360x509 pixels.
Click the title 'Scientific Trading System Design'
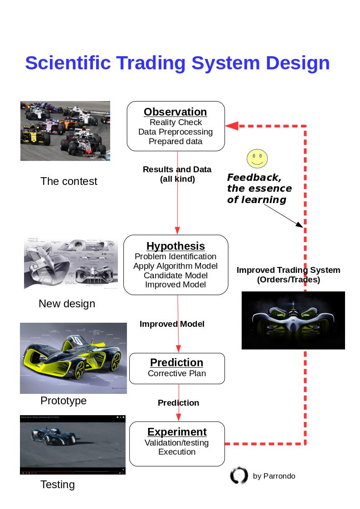point(177,63)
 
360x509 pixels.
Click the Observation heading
point(175,112)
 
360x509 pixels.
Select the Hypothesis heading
point(175,246)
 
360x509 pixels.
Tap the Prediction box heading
point(177,363)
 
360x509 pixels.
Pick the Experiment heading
point(177,432)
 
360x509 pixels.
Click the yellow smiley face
point(257,159)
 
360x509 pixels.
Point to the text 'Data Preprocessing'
point(175,132)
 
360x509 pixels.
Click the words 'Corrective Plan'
point(177,373)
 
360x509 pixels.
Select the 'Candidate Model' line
point(175,276)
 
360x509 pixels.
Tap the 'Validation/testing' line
point(177,443)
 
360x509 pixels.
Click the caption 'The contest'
point(69,181)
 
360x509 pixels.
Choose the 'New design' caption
point(67,304)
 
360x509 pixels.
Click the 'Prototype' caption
point(63,401)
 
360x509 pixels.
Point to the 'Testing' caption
point(58,485)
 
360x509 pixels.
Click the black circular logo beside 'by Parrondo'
point(239,475)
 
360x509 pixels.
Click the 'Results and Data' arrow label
point(177,170)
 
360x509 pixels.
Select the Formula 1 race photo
point(65,131)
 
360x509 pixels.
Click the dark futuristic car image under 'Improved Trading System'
point(293,320)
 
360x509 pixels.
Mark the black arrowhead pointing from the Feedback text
point(299,224)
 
